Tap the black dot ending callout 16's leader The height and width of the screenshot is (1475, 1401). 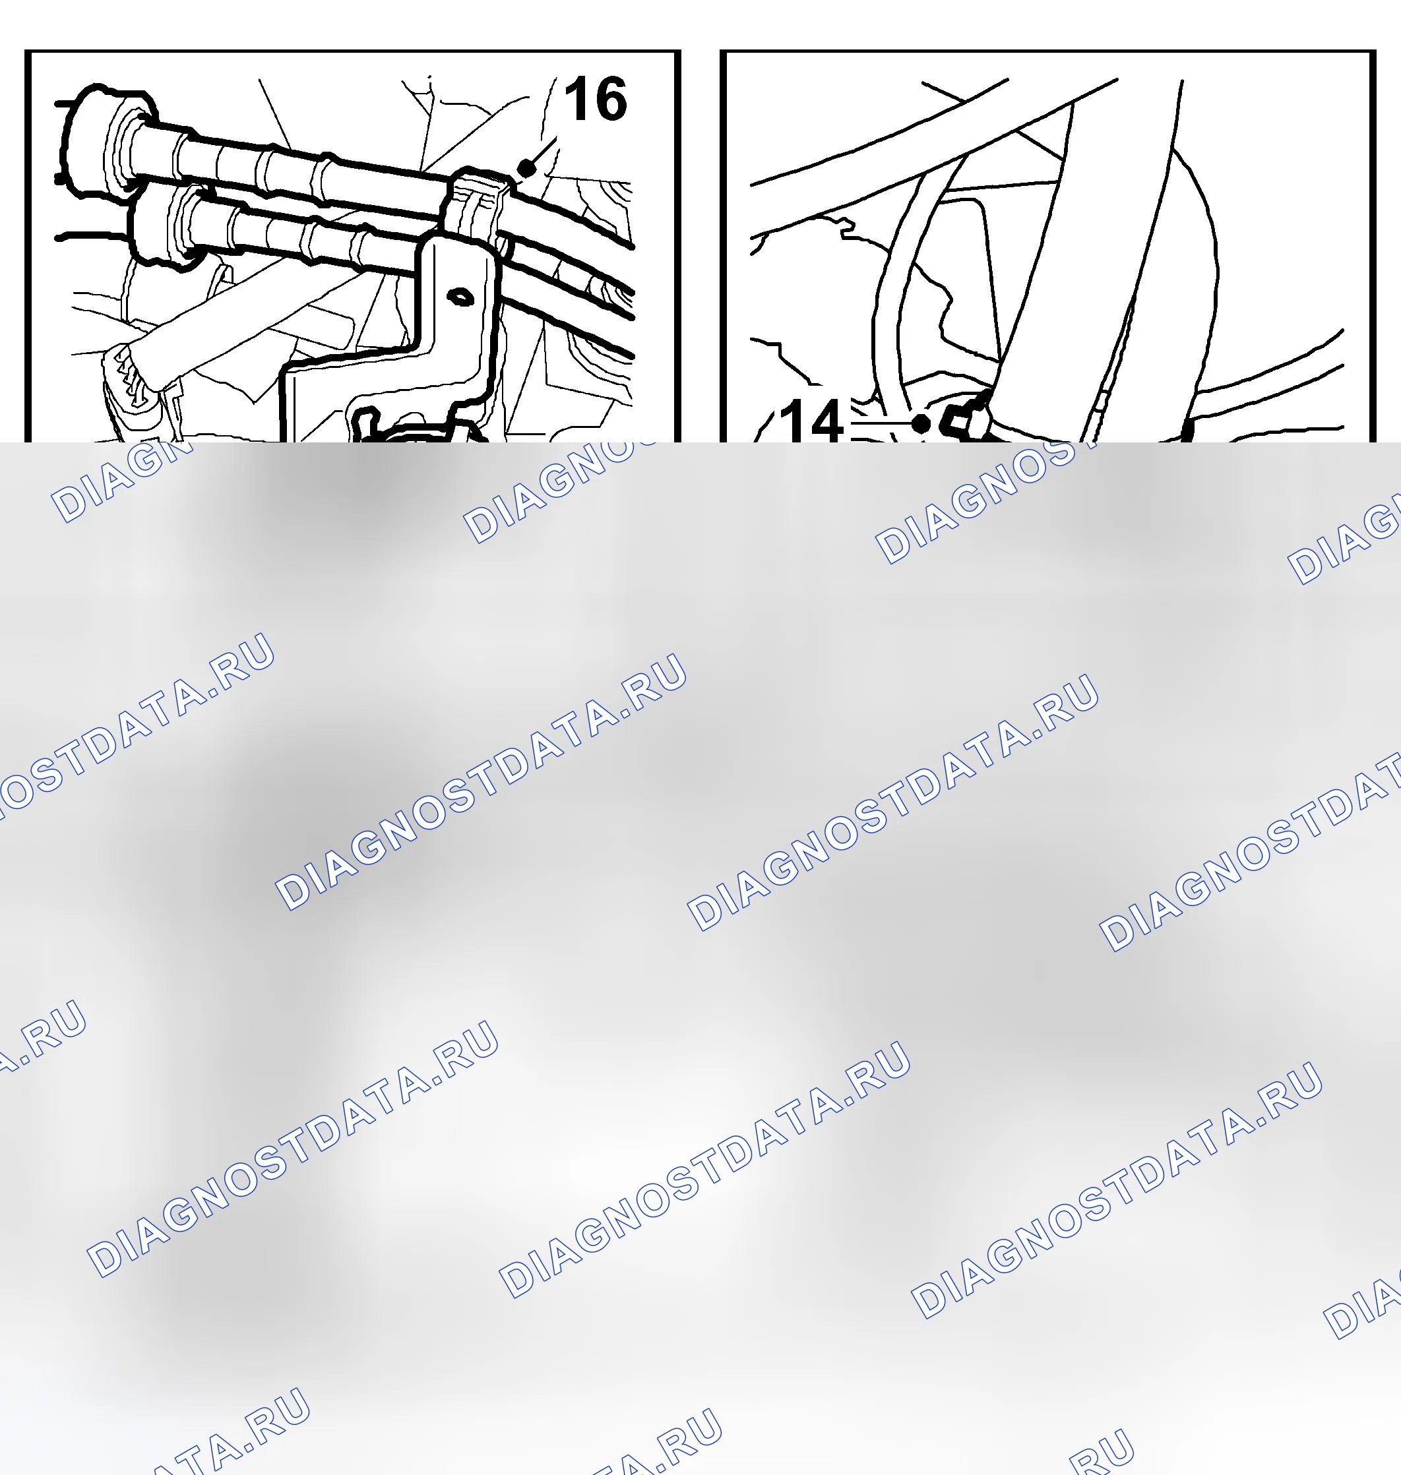(x=526, y=168)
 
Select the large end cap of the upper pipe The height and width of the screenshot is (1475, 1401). (x=108, y=141)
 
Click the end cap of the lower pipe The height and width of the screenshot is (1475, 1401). (x=164, y=224)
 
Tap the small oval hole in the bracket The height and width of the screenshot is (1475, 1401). (x=460, y=297)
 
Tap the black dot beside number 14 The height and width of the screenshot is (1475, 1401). (x=921, y=424)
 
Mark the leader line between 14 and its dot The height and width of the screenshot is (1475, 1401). (x=881, y=423)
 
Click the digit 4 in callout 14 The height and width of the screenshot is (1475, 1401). (x=826, y=422)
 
